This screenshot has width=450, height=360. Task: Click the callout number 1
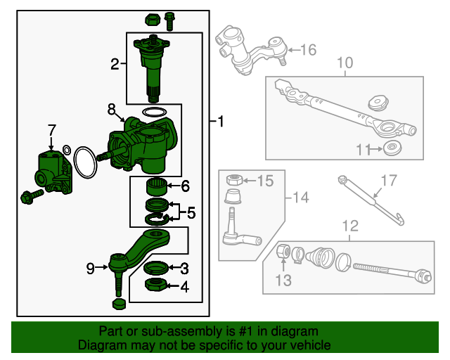click(x=221, y=122)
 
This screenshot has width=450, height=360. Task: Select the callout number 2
click(x=115, y=65)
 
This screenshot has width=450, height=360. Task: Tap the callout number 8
click(x=112, y=109)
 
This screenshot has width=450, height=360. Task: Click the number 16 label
click(x=309, y=50)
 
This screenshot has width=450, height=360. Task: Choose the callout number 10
click(x=345, y=64)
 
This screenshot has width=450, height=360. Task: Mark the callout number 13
click(x=282, y=281)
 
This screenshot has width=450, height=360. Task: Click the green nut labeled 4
click(x=154, y=285)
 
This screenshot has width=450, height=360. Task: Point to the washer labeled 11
click(x=391, y=148)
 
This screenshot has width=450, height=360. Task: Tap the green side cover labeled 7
click(x=53, y=172)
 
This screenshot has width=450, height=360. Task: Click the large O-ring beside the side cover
click(x=86, y=162)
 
